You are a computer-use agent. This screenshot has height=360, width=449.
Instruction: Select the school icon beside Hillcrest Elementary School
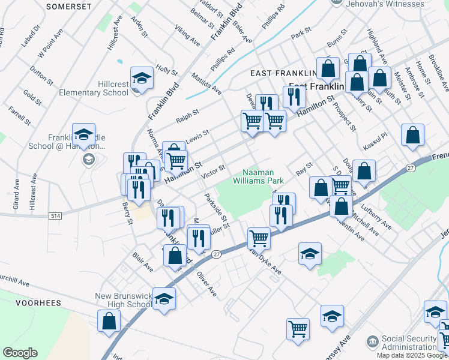[x=142, y=78]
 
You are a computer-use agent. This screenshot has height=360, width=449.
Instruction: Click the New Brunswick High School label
[x=124, y=300]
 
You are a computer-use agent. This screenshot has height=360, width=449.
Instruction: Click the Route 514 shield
[x=55, y=216]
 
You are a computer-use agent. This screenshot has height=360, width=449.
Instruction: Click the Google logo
[x=20, y=353]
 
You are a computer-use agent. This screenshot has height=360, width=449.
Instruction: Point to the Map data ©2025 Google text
[x=412, y=355]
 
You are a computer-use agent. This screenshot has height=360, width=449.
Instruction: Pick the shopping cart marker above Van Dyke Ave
[x=259, y=238]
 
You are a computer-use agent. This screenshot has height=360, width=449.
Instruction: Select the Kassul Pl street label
[x=376, y=146]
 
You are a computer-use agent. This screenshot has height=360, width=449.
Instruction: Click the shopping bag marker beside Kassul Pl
[x=412, y=136]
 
